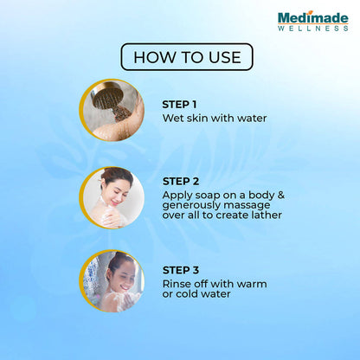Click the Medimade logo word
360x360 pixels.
[x=313, y=17]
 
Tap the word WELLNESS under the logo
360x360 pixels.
[x=313, y=29]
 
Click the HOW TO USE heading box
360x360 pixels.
[x=187, y=57]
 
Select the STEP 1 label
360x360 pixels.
[x=179, y=105]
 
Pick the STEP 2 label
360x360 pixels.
[x=181, y=182]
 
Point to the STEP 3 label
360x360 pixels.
[x=181, y=270]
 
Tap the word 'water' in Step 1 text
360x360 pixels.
[x=252, y=118]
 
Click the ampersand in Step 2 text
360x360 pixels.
[x=281, y=195]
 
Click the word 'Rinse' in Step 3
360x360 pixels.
[x=177, y=284]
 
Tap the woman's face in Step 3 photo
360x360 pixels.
[x=125, y=279]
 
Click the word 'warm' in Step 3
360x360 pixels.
[x=250, y=284]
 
